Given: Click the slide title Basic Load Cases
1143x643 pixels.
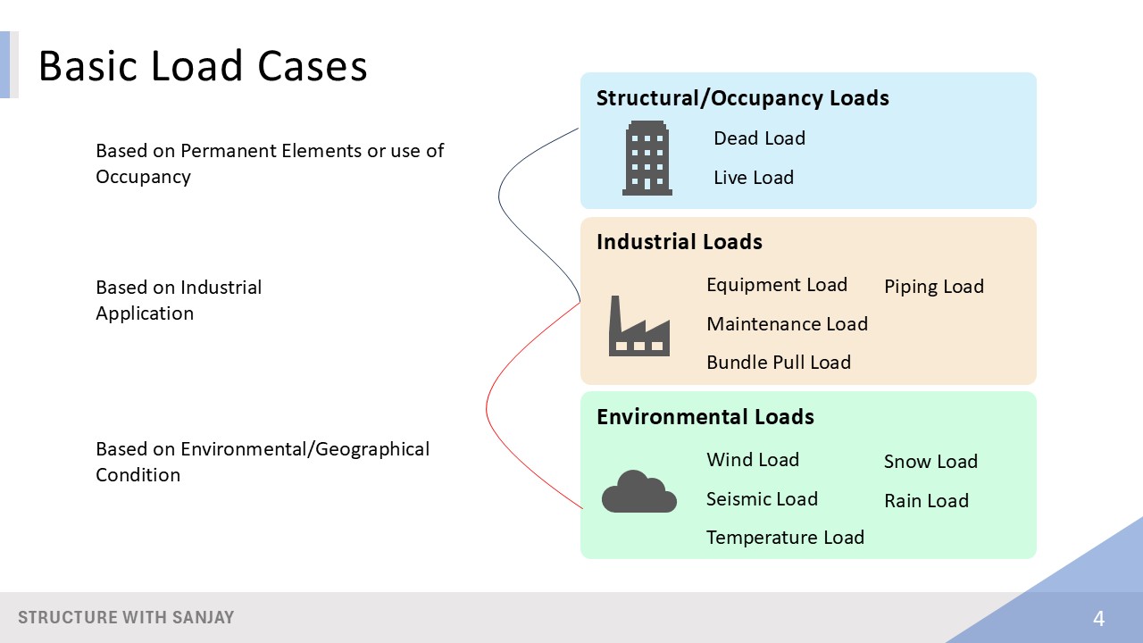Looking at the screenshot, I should [x=203, y=66].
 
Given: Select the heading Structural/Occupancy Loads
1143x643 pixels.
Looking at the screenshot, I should [x=742, y=98].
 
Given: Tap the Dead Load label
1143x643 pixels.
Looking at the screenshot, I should [x=759, y=138].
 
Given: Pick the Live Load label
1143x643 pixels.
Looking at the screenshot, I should [x=753, y=178].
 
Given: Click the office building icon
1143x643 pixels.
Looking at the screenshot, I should [x=647, y=158].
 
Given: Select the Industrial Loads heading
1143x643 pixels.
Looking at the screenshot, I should [x=679, y=242].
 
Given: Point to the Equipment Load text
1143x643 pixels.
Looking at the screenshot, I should [x=776, y=285].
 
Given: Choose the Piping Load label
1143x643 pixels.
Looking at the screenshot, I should [x=933, y=287].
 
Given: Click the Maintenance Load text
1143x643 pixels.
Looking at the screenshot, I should [x=787, y=324].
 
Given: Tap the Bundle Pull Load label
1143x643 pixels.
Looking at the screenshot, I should [x=778, y=363].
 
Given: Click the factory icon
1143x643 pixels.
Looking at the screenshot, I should [x=638, y=327].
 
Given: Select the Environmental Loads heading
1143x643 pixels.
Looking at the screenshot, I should [x=705, y=417].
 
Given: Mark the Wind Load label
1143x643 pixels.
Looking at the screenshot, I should [x=752, y=460].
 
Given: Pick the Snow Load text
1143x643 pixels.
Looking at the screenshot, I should [x=930, y=462].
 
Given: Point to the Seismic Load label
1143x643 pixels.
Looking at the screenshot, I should [x=762, y=499].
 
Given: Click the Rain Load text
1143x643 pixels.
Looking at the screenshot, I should [x=926, y=501].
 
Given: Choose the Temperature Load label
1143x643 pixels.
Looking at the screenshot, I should [x=785, y=538].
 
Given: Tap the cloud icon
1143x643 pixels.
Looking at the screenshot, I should [x=638, y=492].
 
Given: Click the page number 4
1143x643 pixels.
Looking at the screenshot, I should [x=1098, y=618].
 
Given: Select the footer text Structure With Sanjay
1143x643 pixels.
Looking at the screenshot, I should [x=126, y=618].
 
